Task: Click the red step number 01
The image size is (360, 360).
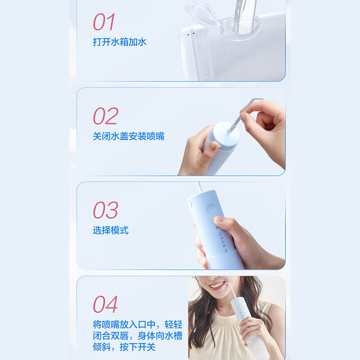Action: [104, 22]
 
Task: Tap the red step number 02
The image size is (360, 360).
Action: [106, 116]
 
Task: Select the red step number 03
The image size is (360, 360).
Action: [106, 210]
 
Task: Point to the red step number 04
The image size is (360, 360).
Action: [105, 304]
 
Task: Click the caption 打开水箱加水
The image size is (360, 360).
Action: [120, 42]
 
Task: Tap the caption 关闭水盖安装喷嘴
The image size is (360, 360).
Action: [129, 136]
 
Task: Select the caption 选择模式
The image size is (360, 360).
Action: [111, 230]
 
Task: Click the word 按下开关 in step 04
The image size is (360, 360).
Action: [138, 346]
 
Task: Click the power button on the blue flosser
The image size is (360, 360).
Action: [211, 209]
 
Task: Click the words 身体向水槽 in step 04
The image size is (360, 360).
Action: [160, 336]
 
